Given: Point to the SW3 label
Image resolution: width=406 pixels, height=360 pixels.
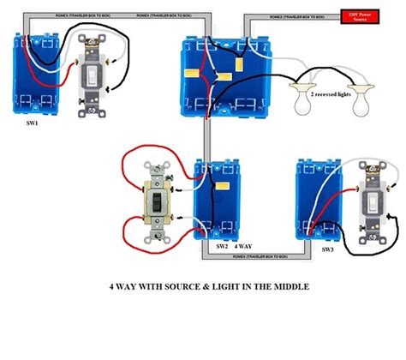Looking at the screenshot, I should [x=327, y=249].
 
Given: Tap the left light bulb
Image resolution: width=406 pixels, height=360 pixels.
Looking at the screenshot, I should [x=303, y=105].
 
